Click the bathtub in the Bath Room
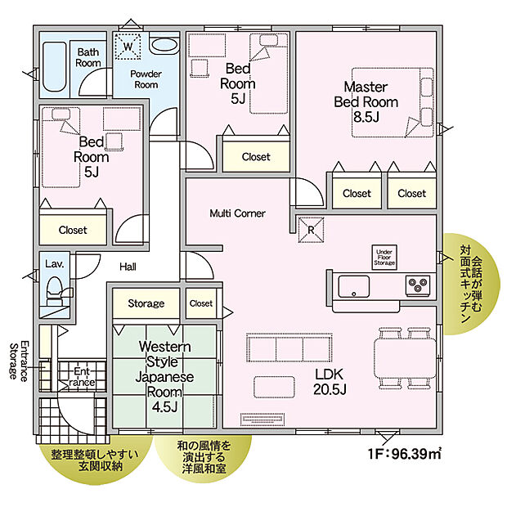coord(55,65)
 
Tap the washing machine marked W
coord(128,48)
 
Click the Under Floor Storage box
coord(384,256)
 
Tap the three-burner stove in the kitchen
coord(419,285)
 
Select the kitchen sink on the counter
coord(353,286)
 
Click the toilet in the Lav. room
coord(55,290)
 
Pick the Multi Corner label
coord(236,213)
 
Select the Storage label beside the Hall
coord(146,303)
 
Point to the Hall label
coord(128,267)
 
